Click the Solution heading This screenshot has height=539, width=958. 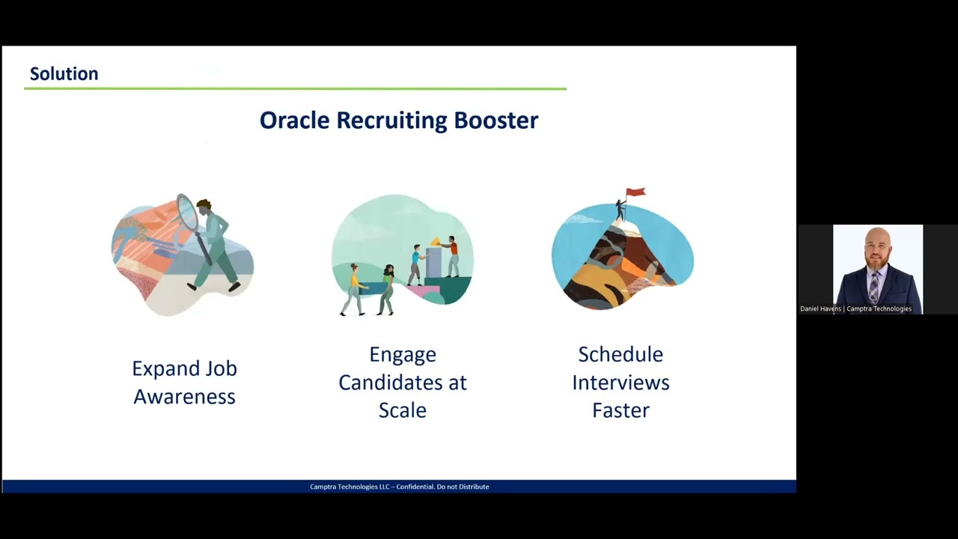[64, 73]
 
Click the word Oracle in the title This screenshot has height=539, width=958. [294, 120]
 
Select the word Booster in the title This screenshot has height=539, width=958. [496, 120]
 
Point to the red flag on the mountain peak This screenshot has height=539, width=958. [635, 192]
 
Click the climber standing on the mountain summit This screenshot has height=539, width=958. [620, 209]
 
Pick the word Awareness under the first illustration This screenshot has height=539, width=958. [184, 396]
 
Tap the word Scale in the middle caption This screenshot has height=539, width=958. [402, 410]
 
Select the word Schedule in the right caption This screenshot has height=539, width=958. [620, 354]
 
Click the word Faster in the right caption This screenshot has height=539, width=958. [620, 410]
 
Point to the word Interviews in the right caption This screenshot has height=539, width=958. [620, 382]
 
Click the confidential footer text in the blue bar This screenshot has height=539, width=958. [399, 487]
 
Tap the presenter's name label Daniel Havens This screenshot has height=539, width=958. [820, 308]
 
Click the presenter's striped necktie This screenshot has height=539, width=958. [873, 287]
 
